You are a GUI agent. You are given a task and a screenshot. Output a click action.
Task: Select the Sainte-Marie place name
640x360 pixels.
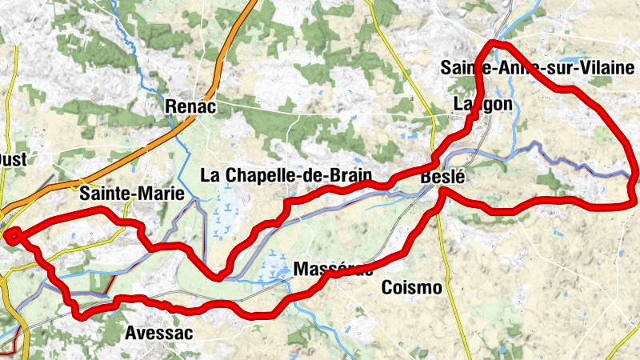tap(132, 194)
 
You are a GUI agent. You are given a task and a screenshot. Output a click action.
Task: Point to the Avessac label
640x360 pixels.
tap(159, 334)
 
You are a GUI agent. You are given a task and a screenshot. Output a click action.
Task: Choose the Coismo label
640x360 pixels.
tap(411, 287)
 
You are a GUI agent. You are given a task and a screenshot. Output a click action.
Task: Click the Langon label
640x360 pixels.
tap(482, 105)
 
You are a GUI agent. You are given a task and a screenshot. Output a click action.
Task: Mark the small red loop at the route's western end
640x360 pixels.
tap(14, 235)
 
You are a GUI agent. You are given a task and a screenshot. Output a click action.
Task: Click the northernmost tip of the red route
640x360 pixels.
tap(494, 42)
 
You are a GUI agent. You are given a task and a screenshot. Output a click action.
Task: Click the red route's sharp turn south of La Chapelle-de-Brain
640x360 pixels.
tap(218, 278)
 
